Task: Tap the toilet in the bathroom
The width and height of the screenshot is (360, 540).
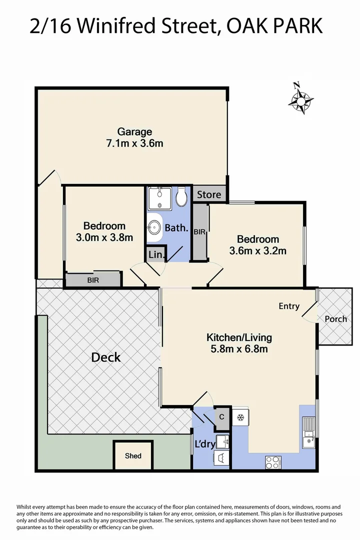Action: pyautogui.click(x=181, y=197)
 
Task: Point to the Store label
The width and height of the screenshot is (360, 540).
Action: pyautogui.click(x=208, y=194)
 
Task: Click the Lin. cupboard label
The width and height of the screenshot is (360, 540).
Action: pyautogui.click(x=156, y=254)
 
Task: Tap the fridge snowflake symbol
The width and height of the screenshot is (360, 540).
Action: pyautogui.click(x=240, y=417)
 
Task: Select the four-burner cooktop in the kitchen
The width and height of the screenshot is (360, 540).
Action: pyautogui.click(x=273, y=462)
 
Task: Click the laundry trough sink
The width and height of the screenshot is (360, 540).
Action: pyautogui.click(x=223, y=440)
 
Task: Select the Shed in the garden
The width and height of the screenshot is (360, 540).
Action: pyautogui.click(x=133, y=455)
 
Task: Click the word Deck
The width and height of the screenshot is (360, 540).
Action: pyautogui.click(x=105, y=357)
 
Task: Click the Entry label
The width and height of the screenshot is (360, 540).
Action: pyautogui.click(x=289, y=306)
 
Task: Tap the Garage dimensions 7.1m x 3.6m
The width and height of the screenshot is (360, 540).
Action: pyautogui.click(x=134, y=143)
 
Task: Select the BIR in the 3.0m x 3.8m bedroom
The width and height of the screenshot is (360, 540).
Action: pyautogui.click(x=93, y=280)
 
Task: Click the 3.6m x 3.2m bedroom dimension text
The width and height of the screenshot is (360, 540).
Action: pyautogui.click(x=257, y=251)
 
